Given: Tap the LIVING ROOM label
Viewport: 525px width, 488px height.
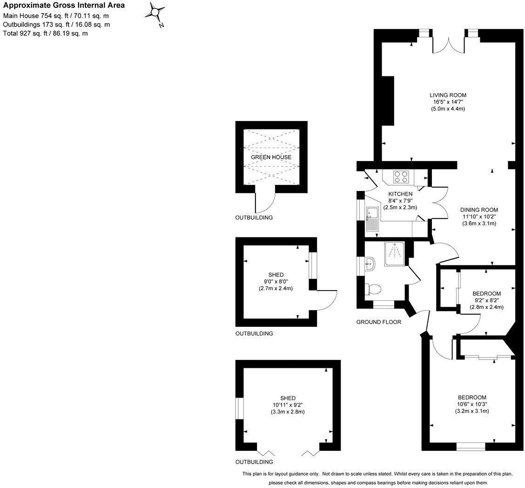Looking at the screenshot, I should [x=448, y=95].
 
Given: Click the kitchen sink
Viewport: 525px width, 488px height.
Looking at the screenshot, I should [x=372, y=219].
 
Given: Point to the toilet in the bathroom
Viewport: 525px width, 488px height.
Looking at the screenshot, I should [x=373, y=289].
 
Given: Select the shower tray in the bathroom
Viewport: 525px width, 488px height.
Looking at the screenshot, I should [x=395, y=253].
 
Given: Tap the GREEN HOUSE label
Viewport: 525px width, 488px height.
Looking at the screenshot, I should [x=271, y=157].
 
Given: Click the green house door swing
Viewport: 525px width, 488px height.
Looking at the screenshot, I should [x=266, y=202].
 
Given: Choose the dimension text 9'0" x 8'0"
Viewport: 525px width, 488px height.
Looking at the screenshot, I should [x=276, y=282].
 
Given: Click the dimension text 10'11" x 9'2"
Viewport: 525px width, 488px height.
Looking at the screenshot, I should [x=288, y=405].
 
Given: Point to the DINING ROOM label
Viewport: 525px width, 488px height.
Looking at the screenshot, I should [x=479, y=210].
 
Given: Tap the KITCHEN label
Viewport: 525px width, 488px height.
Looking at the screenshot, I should [x=400, y=194].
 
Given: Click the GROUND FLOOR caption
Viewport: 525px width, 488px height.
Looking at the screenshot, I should [x=378, y=322].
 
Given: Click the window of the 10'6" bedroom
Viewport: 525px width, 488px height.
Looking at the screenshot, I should [x=471, y=446].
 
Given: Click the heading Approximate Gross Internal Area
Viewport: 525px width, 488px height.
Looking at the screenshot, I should [x=64, y=6].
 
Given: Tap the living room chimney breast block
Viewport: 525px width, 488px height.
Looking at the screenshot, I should [x=388, y=101].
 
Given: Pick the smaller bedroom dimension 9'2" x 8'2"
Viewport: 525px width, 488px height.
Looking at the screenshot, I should [x=486, y=300].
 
